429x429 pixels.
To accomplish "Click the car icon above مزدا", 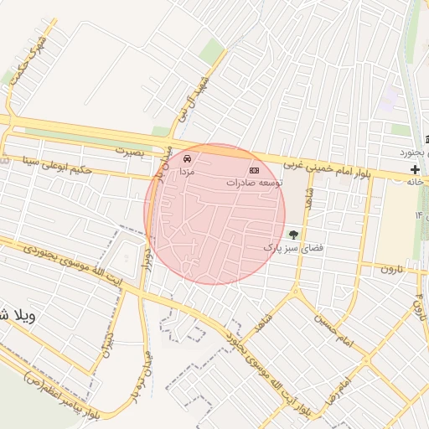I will coord(187,158).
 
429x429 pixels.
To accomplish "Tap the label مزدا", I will coord(186,170).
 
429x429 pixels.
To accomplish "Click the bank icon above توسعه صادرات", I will coord(255,170).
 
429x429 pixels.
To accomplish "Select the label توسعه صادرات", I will coord(255,182).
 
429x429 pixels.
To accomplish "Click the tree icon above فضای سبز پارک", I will coord(293,235).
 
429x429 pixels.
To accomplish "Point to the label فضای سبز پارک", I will coord(293,248).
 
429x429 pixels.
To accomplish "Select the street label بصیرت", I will coord(130,152).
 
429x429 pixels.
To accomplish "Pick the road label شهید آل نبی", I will coord(179,105).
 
